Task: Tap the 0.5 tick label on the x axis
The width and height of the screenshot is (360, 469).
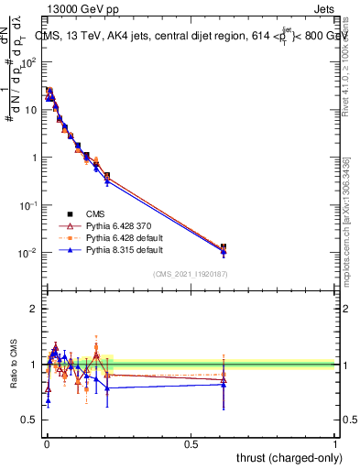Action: (191, 443)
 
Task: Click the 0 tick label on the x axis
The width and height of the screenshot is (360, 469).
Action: (46, 443)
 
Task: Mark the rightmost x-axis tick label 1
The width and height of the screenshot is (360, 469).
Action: (334, 443)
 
